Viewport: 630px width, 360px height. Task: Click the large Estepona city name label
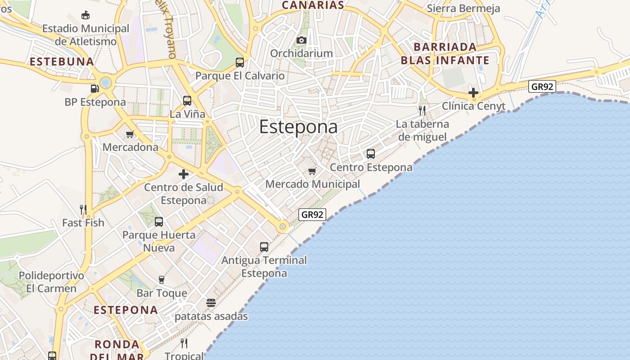tap(298, 127)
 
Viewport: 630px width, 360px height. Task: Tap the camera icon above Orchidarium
tap(301, 40)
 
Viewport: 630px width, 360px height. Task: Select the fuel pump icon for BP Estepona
tap(94, 89)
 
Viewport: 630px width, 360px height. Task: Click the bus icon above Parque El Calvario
tap(240, 63)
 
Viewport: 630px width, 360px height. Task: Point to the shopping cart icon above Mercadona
tap(130, 134)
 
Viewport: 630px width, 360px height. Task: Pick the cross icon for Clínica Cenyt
tap(473, 93)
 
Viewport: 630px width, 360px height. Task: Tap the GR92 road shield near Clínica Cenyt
tap(542, 86)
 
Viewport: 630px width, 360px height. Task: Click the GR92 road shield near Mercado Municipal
tap(312, 215)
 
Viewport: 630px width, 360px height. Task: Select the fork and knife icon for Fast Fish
tap(83, 210)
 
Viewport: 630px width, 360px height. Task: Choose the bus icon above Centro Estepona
tap(371, 154)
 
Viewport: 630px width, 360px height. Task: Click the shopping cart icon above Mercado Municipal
tap(312, 171)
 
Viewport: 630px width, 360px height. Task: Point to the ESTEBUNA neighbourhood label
tap(62, 62)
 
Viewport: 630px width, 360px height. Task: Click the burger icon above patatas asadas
tap(211, 303)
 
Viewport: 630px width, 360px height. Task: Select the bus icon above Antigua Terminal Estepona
tap(264, 247)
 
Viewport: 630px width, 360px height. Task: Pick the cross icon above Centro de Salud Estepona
tap(184, 174)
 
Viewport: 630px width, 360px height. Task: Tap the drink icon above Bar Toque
tap(162, 280)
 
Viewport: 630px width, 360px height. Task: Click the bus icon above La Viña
tap(187, 101)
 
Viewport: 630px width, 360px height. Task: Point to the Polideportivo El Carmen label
tap(51, 282)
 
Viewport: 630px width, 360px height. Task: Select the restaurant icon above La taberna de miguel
tap(422, 111)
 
